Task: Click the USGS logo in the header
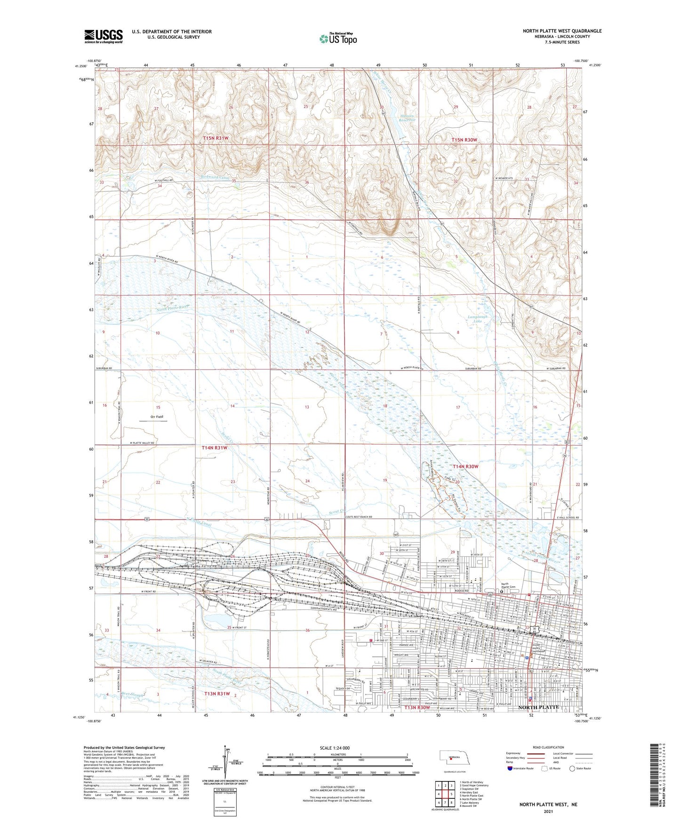[104, 36]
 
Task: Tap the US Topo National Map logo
[338, 39]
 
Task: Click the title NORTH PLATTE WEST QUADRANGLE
[562, 31]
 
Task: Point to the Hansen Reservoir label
[408, 118]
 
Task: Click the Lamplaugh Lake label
[477, 319]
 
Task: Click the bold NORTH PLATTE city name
[538, 707]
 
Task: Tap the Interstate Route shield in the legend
[510, 782]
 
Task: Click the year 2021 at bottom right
[548, 811]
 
